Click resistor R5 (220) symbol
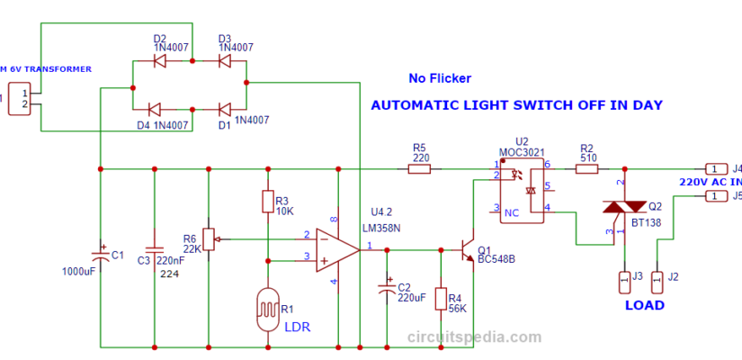point(419,168)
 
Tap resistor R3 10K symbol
point(267,202)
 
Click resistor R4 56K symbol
point(441,299)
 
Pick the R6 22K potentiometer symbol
point(209,239)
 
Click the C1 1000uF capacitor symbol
point(101,249)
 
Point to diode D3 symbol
point(223,61)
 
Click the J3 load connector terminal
point(623,282)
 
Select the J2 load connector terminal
point(657,282)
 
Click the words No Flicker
point(439,78)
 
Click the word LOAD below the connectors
point(644,305)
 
